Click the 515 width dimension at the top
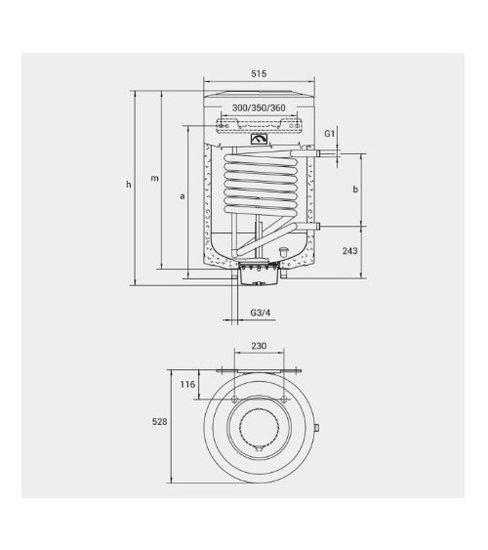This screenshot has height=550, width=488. point(259,75)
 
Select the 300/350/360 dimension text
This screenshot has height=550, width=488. point(260,108)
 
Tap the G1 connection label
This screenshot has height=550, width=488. point(330,132)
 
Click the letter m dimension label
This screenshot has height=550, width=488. point(153,179)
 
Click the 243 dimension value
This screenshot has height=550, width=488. point(352,252)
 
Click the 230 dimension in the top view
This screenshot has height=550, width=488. point(259,347)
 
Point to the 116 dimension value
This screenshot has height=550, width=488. point(188,385)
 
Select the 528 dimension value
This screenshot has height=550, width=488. point(163,423)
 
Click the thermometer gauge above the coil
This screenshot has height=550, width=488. point(260,139)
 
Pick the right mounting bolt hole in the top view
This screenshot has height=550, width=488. point(284,401)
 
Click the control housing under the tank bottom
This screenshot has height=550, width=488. point(258,275)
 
